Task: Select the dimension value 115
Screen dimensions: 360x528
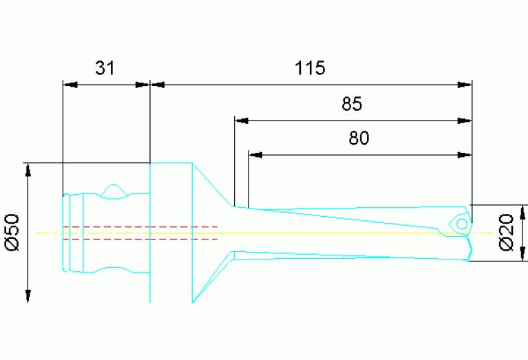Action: click(309, 67)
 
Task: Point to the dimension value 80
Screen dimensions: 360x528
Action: click(359, 138)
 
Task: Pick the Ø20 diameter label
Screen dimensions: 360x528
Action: click(505, 232)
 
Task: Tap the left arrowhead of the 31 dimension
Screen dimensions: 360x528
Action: click(70, 85)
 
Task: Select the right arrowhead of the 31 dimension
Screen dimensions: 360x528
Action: click(142, 85)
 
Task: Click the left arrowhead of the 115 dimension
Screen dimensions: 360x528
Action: click(158, 85)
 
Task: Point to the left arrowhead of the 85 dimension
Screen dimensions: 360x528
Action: click(242, 120)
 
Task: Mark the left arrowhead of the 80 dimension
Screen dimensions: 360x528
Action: click(255, 154)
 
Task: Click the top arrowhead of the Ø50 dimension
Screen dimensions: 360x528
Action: click(28, 171)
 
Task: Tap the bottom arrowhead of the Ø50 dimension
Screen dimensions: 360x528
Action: click(28, 295)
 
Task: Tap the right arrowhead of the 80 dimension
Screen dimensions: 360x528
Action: click(465, 154)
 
